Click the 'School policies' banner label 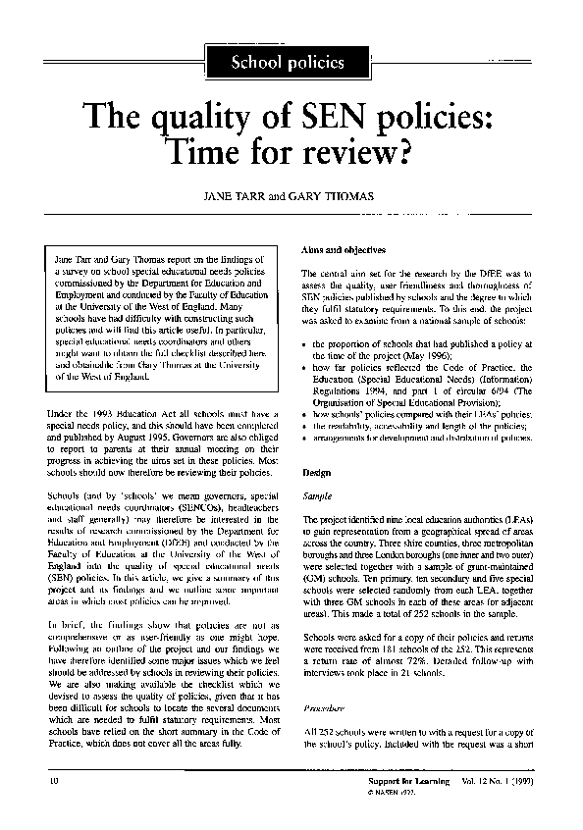coord(287,63)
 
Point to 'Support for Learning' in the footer coord(403,779)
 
